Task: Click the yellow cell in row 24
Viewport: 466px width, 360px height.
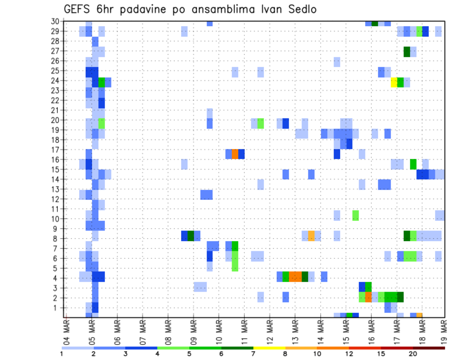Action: (x=394, y=82)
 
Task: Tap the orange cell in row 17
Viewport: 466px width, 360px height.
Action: (x=235, y=154)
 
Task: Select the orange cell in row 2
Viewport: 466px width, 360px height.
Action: (x=368, y=297)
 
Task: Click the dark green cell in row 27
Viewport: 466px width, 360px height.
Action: (x=407, y=51)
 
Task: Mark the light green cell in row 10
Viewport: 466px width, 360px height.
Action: (x=356, y=215)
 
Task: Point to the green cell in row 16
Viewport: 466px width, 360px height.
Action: (x=413, y=164)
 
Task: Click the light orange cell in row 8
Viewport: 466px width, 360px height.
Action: (x=311, y=235)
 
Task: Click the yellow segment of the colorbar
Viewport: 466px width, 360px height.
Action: (x=269, y=348)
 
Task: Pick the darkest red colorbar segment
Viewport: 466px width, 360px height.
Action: (x=429, y=348)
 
